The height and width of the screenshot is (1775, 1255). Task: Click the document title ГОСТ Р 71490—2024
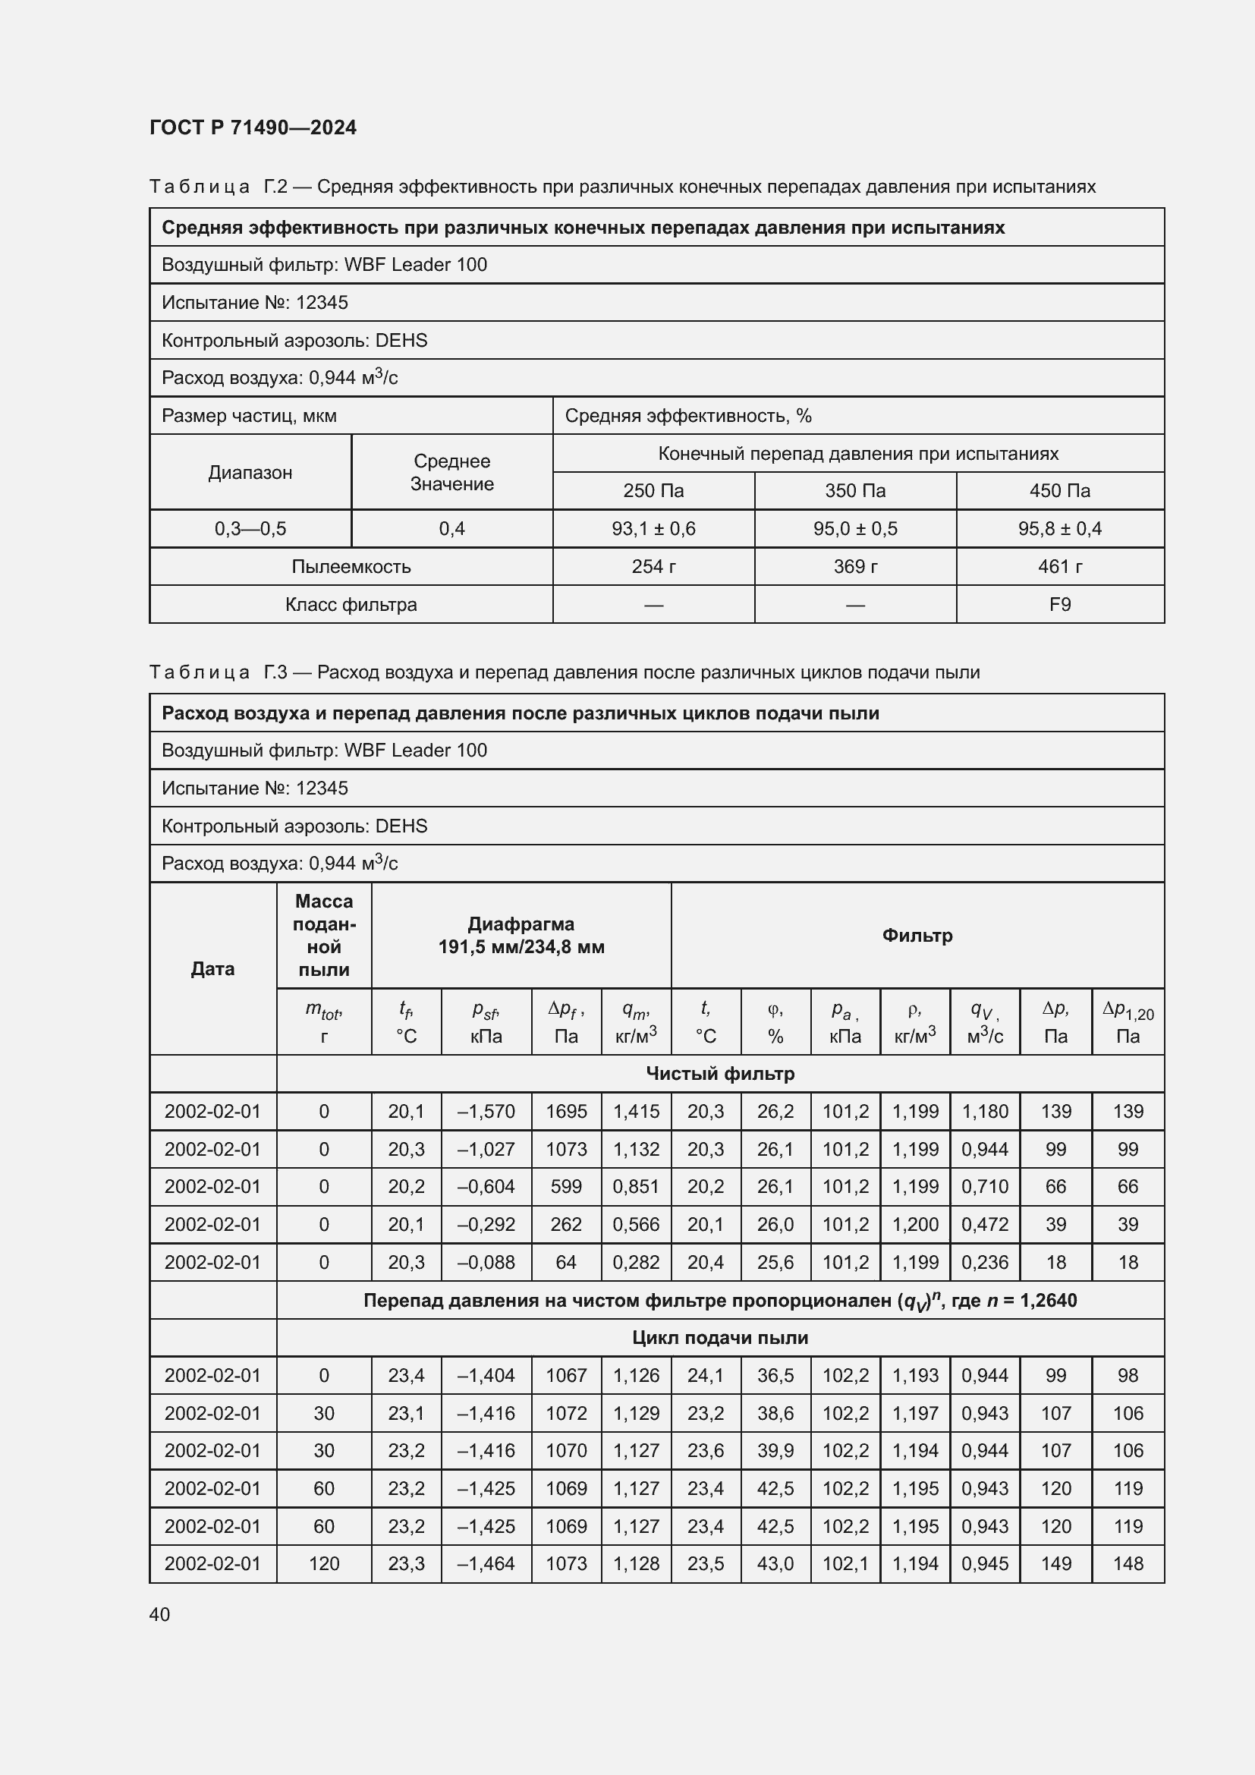point(253,127)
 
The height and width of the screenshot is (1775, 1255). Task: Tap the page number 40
point(159,1614)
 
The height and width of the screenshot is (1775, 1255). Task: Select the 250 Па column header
point(653,491)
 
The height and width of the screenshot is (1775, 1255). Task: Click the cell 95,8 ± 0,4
point(1059,529)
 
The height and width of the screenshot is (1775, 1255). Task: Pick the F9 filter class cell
point(1059,605)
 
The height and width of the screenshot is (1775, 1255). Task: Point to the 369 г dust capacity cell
point(854,567)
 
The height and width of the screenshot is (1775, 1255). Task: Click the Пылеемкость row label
point(351,567)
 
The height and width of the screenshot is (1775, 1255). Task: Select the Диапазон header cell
point(250,472)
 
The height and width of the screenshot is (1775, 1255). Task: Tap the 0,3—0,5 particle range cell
point(250,529)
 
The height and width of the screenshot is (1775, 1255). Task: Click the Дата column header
point(212,968)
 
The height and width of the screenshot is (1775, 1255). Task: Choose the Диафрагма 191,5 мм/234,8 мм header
point(521,936)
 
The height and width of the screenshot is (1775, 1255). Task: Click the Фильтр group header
point(917,936)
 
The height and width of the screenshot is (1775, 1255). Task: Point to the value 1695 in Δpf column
point(566,1112)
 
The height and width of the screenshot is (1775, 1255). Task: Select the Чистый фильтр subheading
point(719,1074)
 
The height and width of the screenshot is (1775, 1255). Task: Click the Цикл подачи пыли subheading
point(719,1338)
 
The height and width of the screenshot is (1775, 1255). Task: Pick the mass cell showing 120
point(324,1564)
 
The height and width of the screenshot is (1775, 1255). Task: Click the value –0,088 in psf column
point(486,1263)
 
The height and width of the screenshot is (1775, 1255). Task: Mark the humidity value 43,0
point(775,1564)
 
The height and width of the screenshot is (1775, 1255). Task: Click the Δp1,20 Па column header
point(1128,1022)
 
